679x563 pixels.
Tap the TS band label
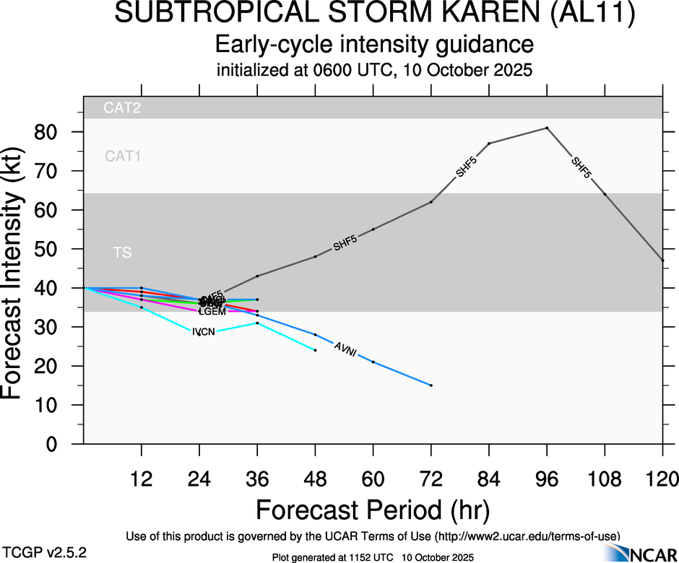click(122, 253)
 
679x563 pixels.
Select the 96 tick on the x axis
click(547, 479)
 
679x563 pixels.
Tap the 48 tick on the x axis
click(315, 479)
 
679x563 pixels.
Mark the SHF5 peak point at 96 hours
click(547, 128)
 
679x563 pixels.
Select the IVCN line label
click(203, 332)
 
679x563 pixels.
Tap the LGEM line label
click(212, 312)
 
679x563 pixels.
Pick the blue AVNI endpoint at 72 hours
click(431, 385)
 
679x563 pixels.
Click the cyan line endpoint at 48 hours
click(316, 350)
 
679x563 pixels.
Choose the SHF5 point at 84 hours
click(489, 143)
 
